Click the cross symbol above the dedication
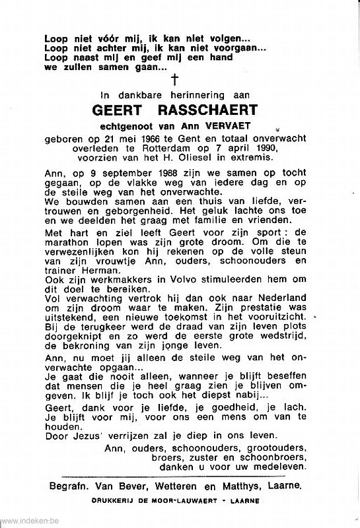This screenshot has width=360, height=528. tap(175, 81)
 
